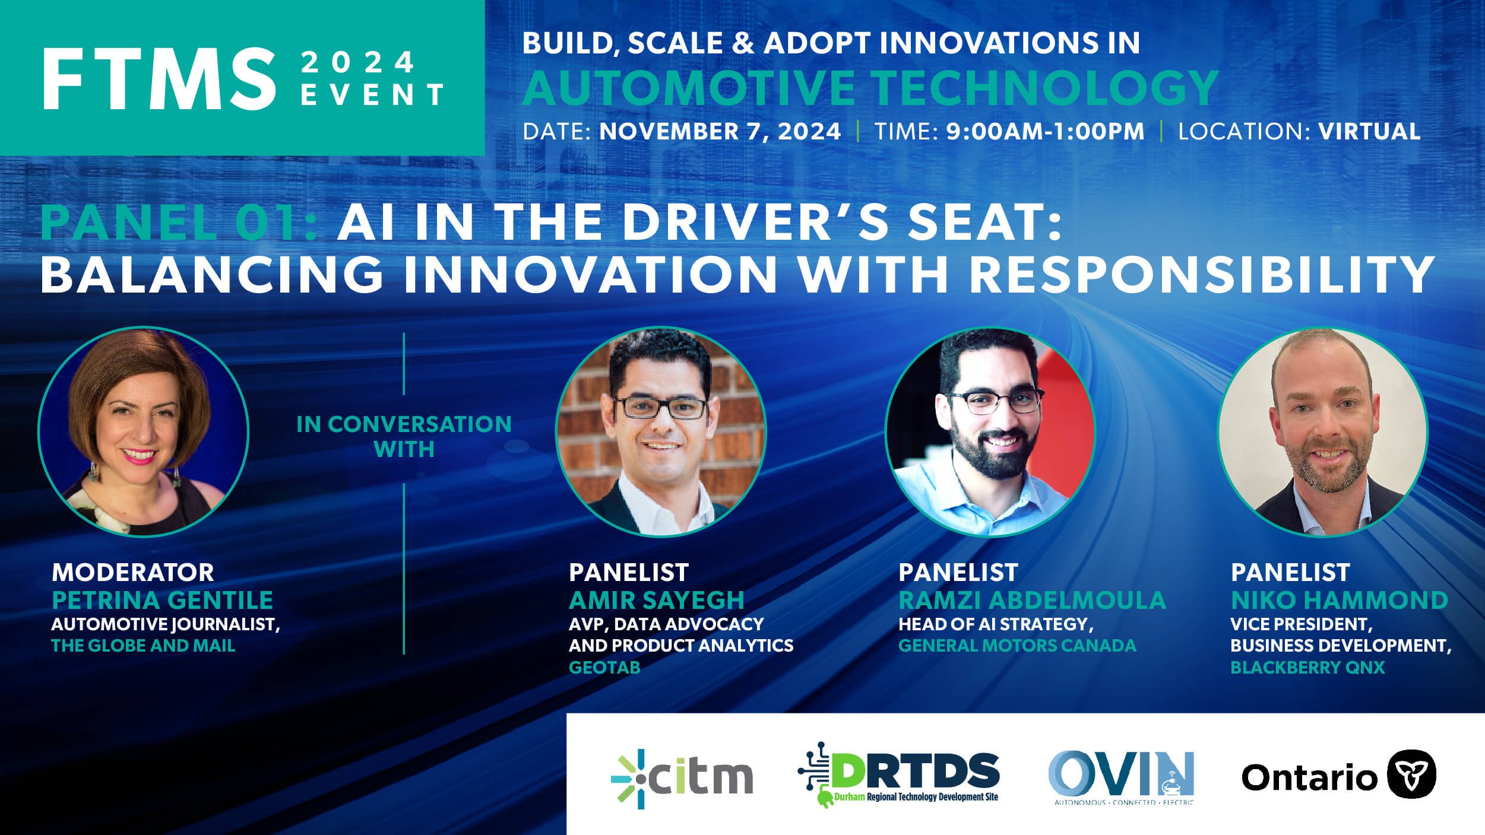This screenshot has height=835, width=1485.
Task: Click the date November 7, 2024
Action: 720,131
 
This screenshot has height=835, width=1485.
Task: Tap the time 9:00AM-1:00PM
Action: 1045,131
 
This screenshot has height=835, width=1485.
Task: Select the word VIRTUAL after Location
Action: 1369,131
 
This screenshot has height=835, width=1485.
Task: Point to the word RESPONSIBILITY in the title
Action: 1202,274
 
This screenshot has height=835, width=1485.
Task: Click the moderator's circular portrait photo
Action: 143,431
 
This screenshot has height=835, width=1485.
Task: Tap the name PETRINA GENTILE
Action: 162,600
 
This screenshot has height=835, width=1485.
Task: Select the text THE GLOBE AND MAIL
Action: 143,646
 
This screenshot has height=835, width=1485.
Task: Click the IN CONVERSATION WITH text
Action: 404,436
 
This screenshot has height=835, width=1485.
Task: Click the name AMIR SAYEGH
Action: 656,600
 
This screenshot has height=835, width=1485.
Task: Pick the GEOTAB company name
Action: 604,668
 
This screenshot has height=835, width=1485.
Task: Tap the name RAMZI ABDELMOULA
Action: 1032,600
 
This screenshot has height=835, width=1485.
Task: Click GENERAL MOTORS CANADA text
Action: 1017,646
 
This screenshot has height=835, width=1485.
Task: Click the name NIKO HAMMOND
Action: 1339,600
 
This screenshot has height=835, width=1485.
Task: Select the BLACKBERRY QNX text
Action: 1307,668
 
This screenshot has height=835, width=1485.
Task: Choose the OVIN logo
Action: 1121,776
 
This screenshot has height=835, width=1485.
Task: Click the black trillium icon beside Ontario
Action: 1411,774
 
